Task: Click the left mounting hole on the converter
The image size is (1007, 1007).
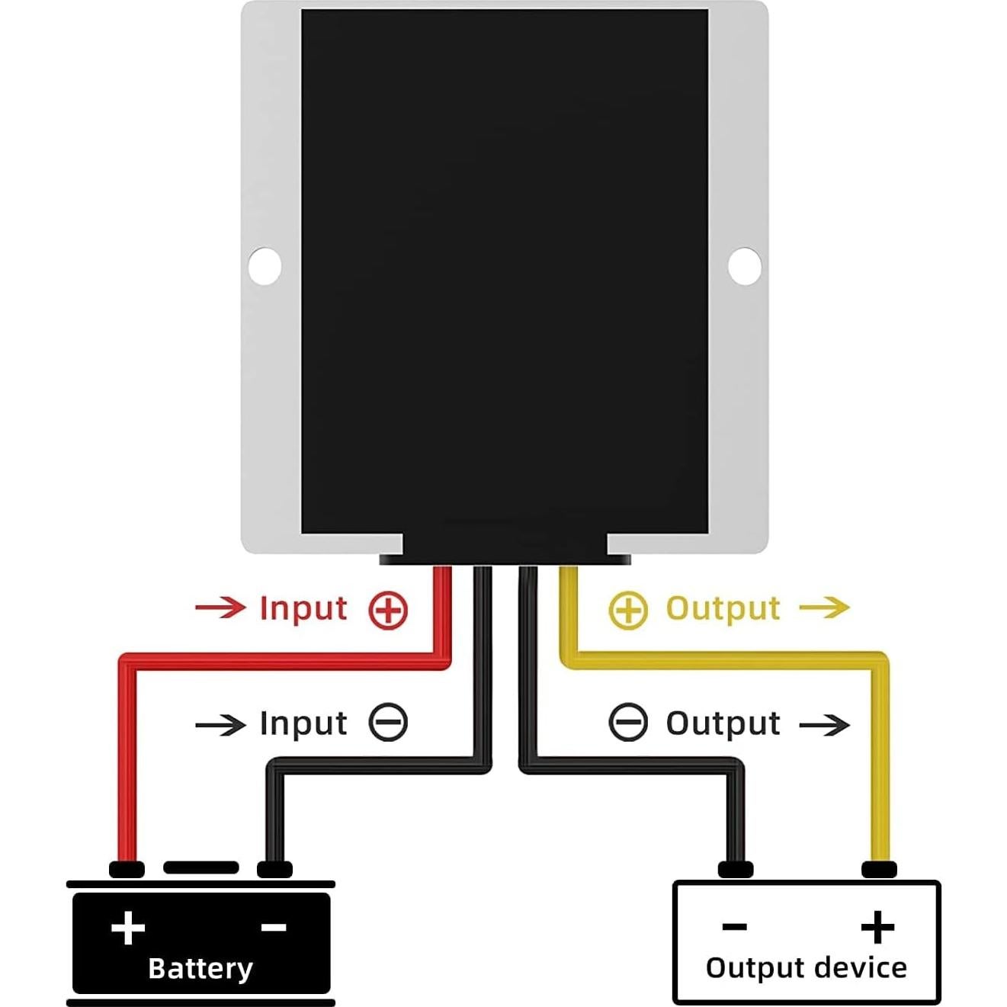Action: pyautogui.click(x=265, y=266)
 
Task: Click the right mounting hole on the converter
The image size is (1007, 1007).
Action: pyautogui.click(x=745, y=266)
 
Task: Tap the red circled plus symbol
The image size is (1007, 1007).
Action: pyautogui.click(x=388, y=611)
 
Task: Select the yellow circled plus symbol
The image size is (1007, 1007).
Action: pyautogui.click(x=628, y=611)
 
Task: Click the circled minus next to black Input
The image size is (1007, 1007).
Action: pyautogui.click(x=388, y=723)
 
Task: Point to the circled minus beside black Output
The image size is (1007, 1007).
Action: pyautogui.click(x=628, y=723)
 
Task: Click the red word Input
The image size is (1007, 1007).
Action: pyautogui.click(x=303, y=609)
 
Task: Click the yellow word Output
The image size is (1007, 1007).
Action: pyautogui.click(x=723, y=609)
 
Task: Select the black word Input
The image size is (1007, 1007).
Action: pyautogui.click(x=303, y=723)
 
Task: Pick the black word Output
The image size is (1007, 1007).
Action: pyautogui.click(x=723, y=723)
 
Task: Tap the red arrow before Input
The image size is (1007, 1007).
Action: pyautogui.click(x=220, y=608)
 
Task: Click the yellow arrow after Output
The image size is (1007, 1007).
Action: pyautogui.click(x=824, y=608)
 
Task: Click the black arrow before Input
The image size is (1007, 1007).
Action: pyautogui.click(x=220, y=724)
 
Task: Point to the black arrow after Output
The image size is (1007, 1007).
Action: pyautogui.click(x=824, y=724)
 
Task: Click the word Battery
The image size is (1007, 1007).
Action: pyautogui.click(x=200, y=969)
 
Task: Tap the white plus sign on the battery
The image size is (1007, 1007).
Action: pyautogui.click(x=128, y=928)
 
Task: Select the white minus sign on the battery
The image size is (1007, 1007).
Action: pyautogui.click(x=274, y=928)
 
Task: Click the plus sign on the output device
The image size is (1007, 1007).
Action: pyautogui.click(x=877, y=927)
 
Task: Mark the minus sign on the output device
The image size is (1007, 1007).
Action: pyautogui.click(x=734, y=927)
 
